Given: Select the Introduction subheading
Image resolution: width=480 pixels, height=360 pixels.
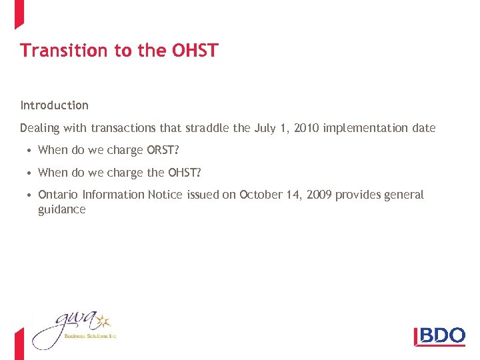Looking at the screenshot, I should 54,105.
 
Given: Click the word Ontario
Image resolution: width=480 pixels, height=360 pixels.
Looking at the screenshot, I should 58,195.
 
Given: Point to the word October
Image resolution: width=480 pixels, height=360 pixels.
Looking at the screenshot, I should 261,195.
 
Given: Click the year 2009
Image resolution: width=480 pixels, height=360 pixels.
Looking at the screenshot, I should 317,195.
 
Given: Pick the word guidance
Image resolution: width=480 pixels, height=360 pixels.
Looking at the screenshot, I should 62,209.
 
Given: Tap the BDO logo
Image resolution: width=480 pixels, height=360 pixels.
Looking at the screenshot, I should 439,335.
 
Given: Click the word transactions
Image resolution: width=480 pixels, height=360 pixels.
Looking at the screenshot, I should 124,128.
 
